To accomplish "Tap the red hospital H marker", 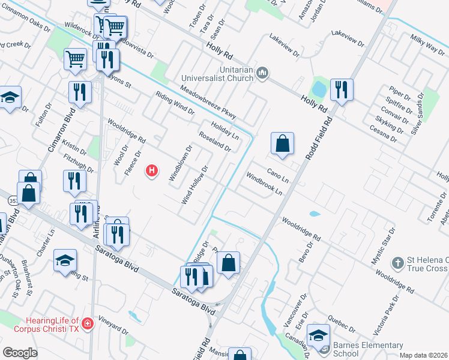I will pos(152,171).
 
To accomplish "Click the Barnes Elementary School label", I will pos(369,349).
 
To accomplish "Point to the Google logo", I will pos(20,353).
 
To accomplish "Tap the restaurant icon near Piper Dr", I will pos(342,90).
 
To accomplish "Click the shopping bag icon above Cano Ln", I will pos(282,143).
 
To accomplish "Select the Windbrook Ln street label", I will pos(264,184).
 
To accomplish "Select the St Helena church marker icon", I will pos(397,263).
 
